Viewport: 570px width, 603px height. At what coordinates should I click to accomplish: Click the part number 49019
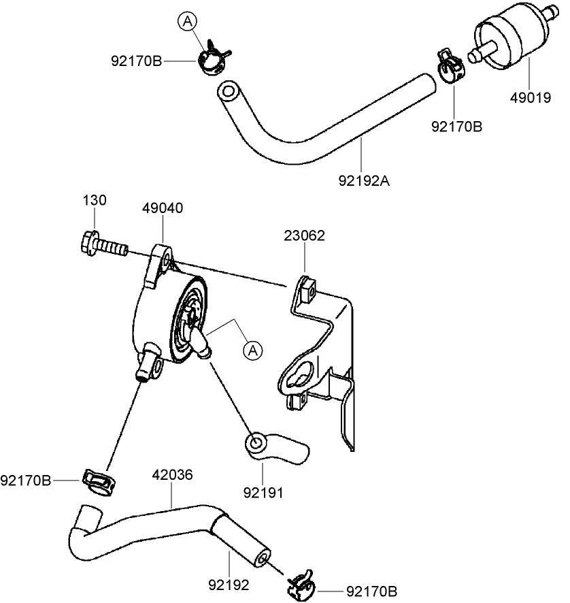pyautogui.click(x=530, y=97)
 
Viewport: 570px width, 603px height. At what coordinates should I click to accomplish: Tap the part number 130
pyautogui.click(x=95, y=201)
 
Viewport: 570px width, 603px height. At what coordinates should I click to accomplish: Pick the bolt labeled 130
pyautogui.click(x=102, y=244)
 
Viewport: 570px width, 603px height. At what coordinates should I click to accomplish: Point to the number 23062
pyautogui.click(x=304, y=235)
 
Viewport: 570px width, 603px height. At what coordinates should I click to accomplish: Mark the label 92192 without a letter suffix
pyautogui.click(x=228, y=584)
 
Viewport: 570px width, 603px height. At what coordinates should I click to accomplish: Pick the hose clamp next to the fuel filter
pyautogui.click(x=448, y=65)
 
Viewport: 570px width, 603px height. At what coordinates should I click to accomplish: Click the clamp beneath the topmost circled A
pyautogui.click(x=213, y=57)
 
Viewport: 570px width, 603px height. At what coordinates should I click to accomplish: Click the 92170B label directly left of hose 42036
pyautogui.click(x=26, y=480)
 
